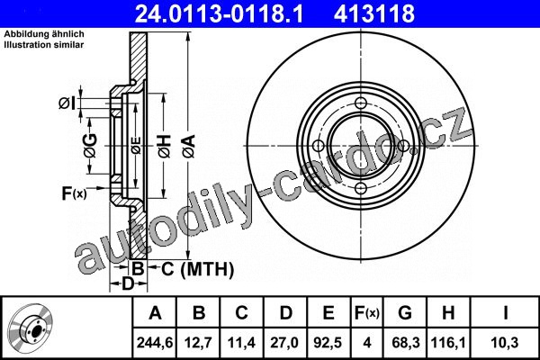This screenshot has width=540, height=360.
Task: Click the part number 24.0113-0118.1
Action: (x=219, y=13)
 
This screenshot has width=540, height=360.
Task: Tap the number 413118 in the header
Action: (x=374, y=13)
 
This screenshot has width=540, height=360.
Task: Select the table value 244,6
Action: (x=155, y=343)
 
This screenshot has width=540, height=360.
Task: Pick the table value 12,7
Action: (x=198, y=343)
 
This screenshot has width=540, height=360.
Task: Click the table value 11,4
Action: (x=241, y=343)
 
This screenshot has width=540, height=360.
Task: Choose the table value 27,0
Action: (x=284, y=343)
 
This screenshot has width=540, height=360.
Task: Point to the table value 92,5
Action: (x=328, y=343)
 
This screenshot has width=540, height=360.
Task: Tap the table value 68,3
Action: (x=406, y=343)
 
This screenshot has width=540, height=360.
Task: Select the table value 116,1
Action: (x=448, y=343)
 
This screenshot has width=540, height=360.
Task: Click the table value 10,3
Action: (x=505, y=343)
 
